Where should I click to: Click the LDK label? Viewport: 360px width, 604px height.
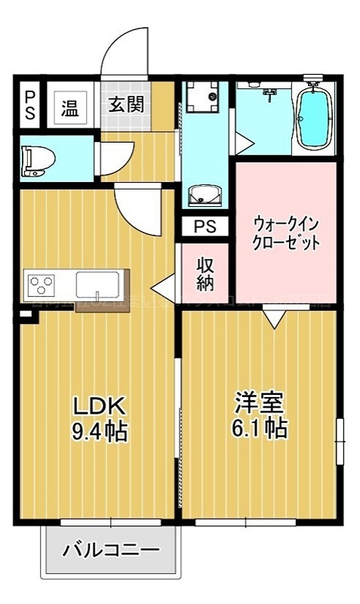(97, 405)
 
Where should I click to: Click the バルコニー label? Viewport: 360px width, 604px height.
(112, 550)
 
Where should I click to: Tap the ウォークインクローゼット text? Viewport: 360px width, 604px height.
(286, 233)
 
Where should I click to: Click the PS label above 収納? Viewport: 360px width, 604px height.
(205, 226)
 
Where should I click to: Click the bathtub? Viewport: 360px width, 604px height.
(312, 119)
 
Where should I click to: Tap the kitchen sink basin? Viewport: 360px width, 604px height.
(94, 285)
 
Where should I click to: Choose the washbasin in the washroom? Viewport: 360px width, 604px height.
(204, 196)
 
